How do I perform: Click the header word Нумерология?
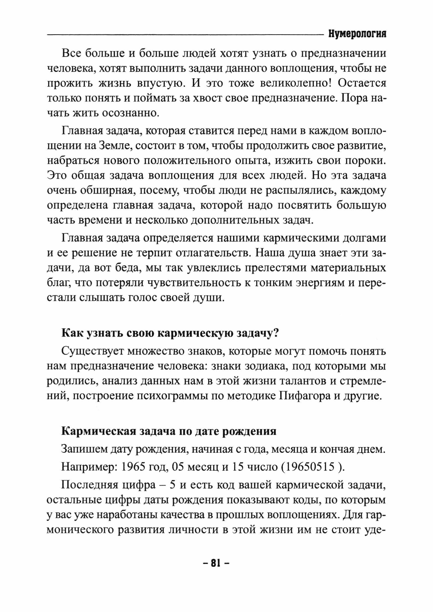click(357, 34)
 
